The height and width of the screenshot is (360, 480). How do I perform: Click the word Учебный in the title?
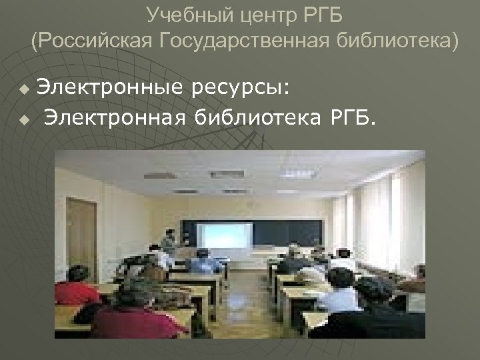tap(176, 14)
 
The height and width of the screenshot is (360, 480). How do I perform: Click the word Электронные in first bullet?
tap(110, 87)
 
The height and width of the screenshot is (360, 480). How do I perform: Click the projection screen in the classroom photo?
tap(225, 235)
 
